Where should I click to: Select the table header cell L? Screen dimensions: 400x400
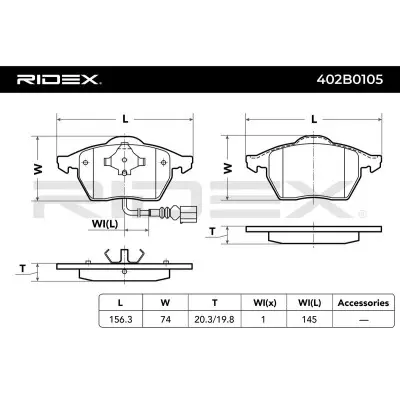point(121,302)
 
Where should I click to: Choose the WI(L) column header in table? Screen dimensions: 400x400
point(305,302)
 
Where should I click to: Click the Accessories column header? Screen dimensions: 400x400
point(355,302)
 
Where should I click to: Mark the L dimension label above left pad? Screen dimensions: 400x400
point(124,119)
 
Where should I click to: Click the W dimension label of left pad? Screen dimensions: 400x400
point(36,170)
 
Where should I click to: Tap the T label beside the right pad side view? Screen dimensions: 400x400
point(213,231)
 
